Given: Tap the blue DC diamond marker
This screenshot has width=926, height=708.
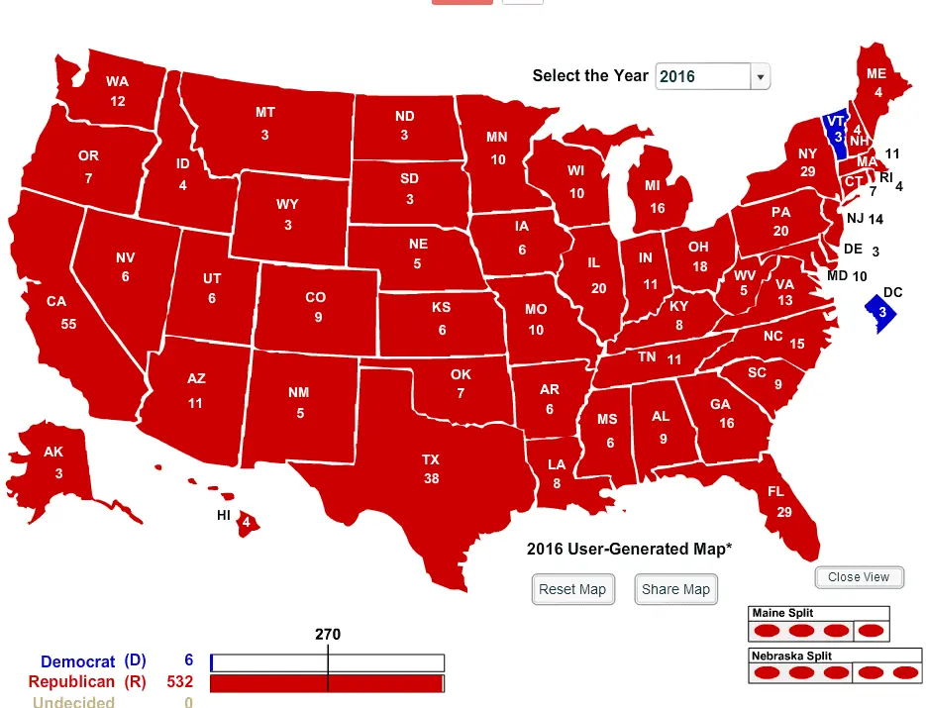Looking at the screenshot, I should pos(882,313).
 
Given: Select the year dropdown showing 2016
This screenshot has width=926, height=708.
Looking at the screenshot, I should pos(712,76).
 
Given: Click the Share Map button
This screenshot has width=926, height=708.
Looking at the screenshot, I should pos(675,589).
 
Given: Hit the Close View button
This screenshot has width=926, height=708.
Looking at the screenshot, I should pos(859,577).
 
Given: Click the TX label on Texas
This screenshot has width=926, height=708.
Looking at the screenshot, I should pos(431,460).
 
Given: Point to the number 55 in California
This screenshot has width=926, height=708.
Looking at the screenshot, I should pos(68,324).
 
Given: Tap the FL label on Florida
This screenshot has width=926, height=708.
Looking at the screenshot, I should pos(776,492).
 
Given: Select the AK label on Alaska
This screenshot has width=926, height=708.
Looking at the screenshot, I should pos(53,453).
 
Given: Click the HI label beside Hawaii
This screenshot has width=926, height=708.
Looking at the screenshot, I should pos(224,515).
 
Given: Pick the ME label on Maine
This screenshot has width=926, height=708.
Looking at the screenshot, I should pos(876,74).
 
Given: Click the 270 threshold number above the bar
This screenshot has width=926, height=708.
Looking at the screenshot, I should pos(327,634).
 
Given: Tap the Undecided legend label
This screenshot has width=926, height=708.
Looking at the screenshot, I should pos(73,701).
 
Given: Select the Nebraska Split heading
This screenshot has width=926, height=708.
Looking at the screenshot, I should pos(791,656).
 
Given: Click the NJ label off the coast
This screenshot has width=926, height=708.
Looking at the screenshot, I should pos(854,219).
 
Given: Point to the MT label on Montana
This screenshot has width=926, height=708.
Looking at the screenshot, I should pos(265,113).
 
